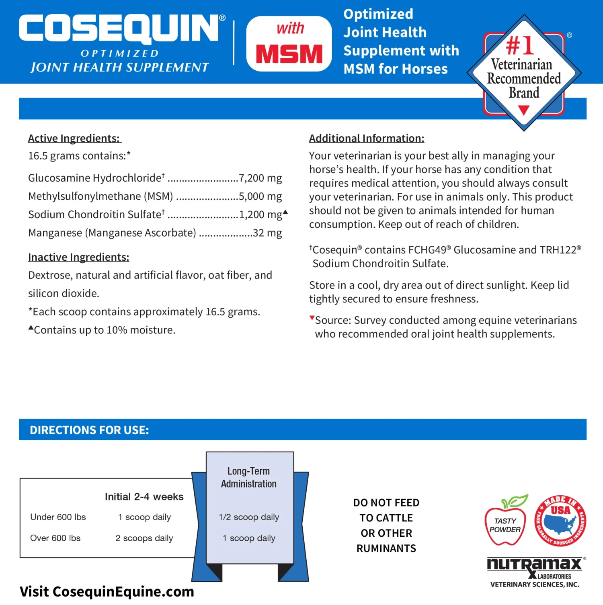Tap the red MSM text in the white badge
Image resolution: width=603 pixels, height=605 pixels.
point(289,54)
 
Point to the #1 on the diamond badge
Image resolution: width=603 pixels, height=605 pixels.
point(520,45)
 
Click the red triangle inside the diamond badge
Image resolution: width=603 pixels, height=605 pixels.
point(523,110)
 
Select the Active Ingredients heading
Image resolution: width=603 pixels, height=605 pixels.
point(74,139)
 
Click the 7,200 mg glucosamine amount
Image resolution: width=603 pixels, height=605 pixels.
point(260,178)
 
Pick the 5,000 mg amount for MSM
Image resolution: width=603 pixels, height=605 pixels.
point(260,196)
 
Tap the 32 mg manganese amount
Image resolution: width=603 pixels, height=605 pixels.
point(267,233)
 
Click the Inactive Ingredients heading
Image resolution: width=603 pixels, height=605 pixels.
point(79,257)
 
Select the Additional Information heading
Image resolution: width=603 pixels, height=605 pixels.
point(367,139)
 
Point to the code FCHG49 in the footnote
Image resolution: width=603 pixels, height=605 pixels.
point(427,250)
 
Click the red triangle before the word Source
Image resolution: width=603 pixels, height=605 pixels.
point(312,318)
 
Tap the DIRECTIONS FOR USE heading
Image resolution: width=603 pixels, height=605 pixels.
point(89,430)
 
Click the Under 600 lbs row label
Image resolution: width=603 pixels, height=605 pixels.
point(58,517)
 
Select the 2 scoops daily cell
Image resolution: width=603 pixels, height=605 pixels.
point(144,538)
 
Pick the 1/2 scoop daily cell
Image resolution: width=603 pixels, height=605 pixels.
point(249,517)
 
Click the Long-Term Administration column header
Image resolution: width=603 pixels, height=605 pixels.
point(249,477)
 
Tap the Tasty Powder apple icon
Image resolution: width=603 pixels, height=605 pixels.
point(506,521)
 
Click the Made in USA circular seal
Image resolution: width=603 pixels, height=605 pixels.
point(560,521)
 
